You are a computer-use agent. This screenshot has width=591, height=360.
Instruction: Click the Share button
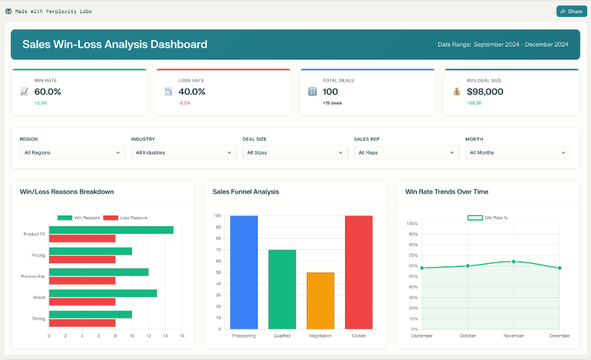(x=571, y=11)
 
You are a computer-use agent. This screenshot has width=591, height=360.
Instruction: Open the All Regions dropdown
(x=72, y=153)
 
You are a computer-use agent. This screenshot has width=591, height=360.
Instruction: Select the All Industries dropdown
(x=184, y=153)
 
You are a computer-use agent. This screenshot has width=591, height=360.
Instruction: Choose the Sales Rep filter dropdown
(x=407, y=153)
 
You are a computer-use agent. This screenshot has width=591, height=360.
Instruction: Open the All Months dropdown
(x=518, y=153)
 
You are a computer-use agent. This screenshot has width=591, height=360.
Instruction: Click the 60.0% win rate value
(x=48, y=92)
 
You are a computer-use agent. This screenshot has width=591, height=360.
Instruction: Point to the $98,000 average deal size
(x=485, y=92)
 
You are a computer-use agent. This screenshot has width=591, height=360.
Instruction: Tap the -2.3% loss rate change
(x=184, y=103)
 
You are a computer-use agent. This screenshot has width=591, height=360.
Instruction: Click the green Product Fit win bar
(x=111, y=230)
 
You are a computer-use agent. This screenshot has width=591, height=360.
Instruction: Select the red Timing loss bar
(x=82, y=323)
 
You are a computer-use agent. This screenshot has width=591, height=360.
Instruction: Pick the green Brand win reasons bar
(x=102, y=293)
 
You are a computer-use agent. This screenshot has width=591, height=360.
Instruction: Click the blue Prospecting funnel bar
(x=244, y=272)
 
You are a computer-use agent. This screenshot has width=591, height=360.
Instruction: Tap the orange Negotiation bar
(x=321, y=300)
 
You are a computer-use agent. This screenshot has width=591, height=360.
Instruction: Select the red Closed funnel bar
(x=359, y=272)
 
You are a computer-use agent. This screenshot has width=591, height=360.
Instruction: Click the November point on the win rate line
(x=514, y=261)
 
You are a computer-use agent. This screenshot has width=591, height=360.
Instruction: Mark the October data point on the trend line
(x=468, y=266)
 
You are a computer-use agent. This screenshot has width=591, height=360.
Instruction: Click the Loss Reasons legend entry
(x=126, y=218)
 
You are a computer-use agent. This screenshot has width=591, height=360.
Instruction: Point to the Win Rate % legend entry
(x=488, y=218)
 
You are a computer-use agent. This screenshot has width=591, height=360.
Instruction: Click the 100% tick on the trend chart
(x=412, y=224)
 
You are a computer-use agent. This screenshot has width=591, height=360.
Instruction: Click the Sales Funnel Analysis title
(x=246, y=192)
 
